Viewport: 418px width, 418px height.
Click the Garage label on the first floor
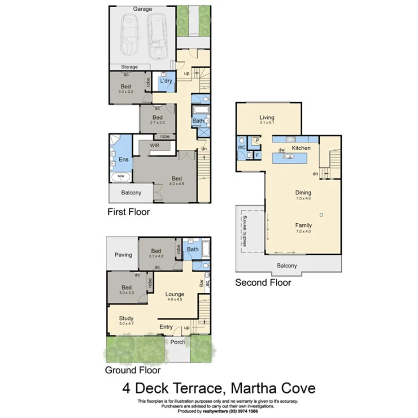tap(143, 9)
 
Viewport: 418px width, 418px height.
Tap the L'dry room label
tap(166, 81)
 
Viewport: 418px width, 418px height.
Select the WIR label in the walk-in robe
tap(155, 145)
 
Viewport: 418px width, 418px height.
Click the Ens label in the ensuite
tap(123, 160)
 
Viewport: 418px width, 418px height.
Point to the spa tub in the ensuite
tap(121, 176)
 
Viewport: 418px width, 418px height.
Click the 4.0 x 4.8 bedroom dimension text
tap(177, 183)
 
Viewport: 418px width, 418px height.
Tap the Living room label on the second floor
tap(266, 118)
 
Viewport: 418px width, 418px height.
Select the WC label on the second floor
tap(241, 147)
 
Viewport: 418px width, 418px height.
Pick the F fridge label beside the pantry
tap(257, 155)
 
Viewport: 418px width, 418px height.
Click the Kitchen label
tap(301, 148)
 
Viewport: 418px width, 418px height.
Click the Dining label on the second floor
tap(303, 193)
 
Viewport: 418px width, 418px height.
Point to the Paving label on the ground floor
tap(123, 255)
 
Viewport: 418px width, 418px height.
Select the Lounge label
tap(174, 295)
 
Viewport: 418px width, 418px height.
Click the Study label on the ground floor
tap(126, 319)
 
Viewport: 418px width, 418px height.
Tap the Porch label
tap(178, 342)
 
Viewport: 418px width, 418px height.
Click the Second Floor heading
tap(263, 283)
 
